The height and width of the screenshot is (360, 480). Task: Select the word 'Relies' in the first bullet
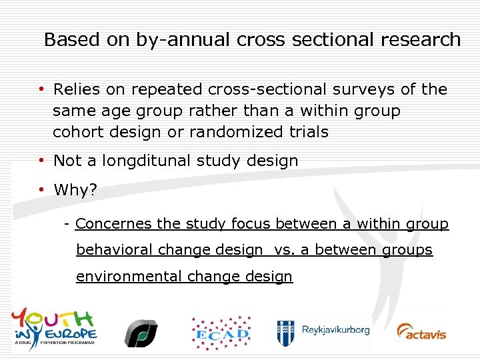tap(75, 89)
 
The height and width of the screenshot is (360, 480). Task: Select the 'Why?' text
tap(75, 190)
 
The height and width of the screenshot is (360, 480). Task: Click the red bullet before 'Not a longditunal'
tap(41, 161)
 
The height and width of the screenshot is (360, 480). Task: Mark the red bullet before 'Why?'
tap(41, 190)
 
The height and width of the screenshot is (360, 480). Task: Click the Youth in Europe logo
tap(54, 327)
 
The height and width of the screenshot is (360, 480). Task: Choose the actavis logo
tap(421, 331)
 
